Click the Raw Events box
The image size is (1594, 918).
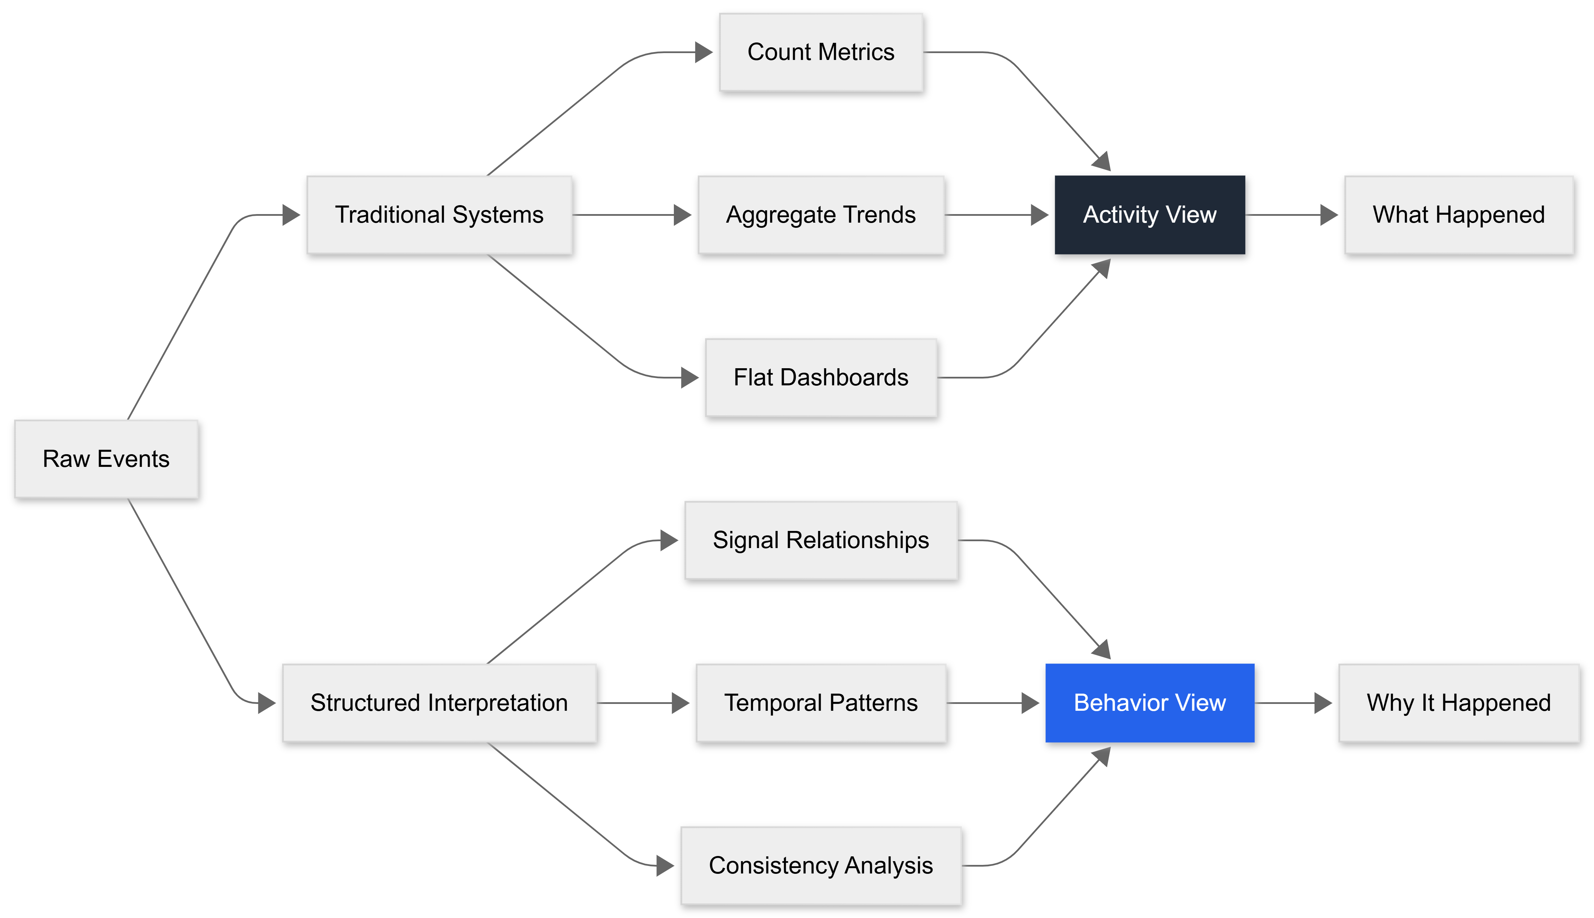(x=106, y=459)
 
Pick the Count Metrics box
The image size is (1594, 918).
(x=820, y=52)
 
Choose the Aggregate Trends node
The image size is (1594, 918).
(x=820, y=215)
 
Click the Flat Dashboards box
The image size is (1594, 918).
(x=820, y=378)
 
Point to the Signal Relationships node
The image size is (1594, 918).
(x=820, y=540)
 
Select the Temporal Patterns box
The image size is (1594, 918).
(x=820, y=703)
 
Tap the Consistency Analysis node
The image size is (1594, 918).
(x=820, y=866)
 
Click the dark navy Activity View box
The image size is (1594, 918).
(x=1149, y=215)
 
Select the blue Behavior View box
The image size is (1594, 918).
(x=1149, y=703)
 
